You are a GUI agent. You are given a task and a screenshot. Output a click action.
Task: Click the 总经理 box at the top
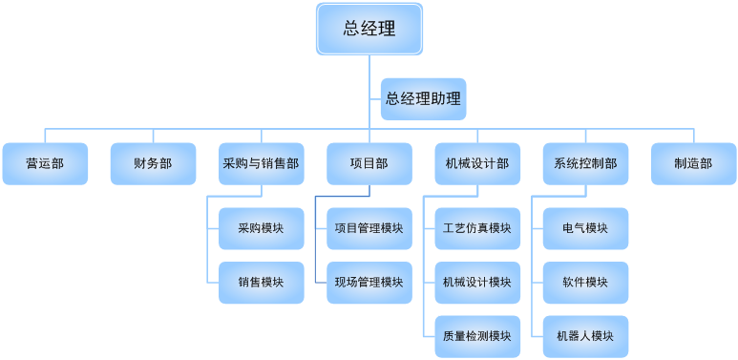point(369,29)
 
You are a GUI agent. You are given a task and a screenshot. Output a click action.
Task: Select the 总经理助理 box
point(423,98)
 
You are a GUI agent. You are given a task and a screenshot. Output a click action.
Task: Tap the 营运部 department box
point(45,163)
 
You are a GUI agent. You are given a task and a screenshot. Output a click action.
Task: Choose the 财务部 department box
point(153,163)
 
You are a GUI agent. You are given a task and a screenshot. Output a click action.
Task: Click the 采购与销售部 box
point(261,163)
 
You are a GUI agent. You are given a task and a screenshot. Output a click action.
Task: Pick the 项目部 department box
point(369,163)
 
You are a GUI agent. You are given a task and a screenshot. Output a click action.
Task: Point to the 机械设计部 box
point(476,163)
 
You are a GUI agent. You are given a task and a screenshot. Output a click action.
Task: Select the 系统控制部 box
point(584,163)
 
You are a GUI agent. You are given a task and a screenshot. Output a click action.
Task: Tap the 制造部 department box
point(693,163)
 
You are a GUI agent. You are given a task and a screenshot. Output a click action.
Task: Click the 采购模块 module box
point(261,228)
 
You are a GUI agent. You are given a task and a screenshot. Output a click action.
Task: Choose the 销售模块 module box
point(261,283)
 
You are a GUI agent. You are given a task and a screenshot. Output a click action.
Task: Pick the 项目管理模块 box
point(369,228)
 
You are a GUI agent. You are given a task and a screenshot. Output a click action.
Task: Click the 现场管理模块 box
point(369,283)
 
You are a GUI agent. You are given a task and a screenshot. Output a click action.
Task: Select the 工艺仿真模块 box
point(476,228)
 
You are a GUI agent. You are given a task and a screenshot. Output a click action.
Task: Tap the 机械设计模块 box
point(476,283)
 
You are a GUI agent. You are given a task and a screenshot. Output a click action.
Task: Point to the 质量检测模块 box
point(476,336)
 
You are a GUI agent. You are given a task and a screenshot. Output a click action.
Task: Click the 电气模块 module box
point(584,228)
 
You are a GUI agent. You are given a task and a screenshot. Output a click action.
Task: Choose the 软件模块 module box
point(584,283)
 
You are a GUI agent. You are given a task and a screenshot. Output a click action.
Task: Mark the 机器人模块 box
point(584,336)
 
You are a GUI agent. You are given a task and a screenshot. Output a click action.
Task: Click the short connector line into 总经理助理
point(374,99)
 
